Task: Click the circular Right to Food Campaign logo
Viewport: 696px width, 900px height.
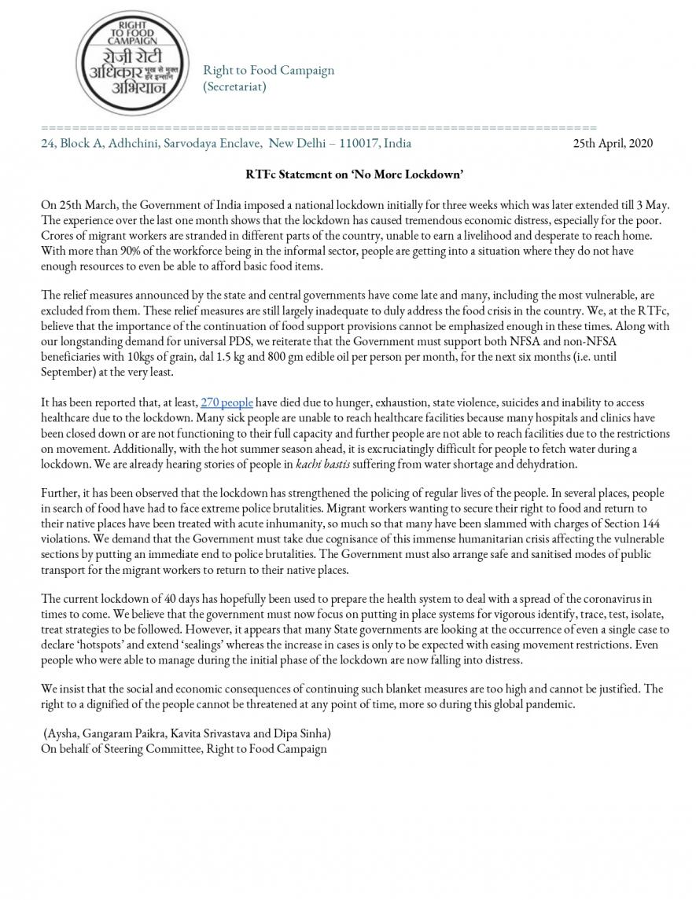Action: coord(121,64)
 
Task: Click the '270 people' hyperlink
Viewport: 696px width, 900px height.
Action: coord(226,402)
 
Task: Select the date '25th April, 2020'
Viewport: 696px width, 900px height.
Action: coord(613,143)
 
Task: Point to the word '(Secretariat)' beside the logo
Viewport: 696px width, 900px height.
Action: coord(234,86)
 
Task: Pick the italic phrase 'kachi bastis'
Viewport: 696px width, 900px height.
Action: coord(322,463)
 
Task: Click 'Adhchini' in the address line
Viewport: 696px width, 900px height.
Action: coord(129,143)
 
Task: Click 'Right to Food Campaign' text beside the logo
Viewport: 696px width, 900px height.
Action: coord(268,70)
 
